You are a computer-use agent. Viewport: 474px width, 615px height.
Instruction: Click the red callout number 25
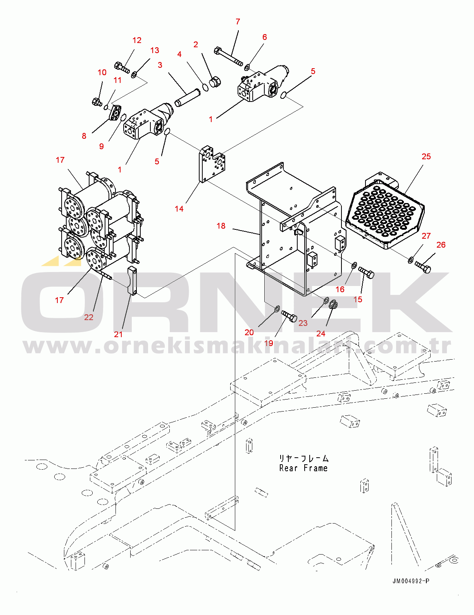pyautogui.click(x=426, y=157)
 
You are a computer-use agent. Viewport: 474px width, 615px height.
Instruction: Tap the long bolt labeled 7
pyautogui.click(x=228, y=57)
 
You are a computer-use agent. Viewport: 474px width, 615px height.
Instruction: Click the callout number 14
pyautogui.click(x=179, y=209)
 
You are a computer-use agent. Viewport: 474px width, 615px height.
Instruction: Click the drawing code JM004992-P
pyautogui.click(x=410, y=581)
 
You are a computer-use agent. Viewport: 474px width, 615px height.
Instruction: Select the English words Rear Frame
pyautogui.click(x=303, y=468)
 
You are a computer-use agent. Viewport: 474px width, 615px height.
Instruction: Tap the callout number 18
pyautogui.click(x=221, y=226)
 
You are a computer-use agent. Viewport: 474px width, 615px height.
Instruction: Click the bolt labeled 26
pyautogui.click(x=423, y=267)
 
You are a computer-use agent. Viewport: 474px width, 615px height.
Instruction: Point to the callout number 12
pyautogui.click(x=137, y=40)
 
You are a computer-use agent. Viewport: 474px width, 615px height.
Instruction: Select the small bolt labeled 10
pyautogui.click(x=96, y=102)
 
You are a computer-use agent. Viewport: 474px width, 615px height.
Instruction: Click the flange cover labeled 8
pyautogui.click(x=115, y=113)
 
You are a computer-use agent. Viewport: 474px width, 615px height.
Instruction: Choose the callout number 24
pyautogui.click(x=321, y=334)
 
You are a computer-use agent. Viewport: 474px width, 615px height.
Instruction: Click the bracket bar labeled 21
pyautogui.click(x=132, y=281)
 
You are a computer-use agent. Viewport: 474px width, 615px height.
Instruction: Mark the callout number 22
pyautogui.click(x=89, y=317)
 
